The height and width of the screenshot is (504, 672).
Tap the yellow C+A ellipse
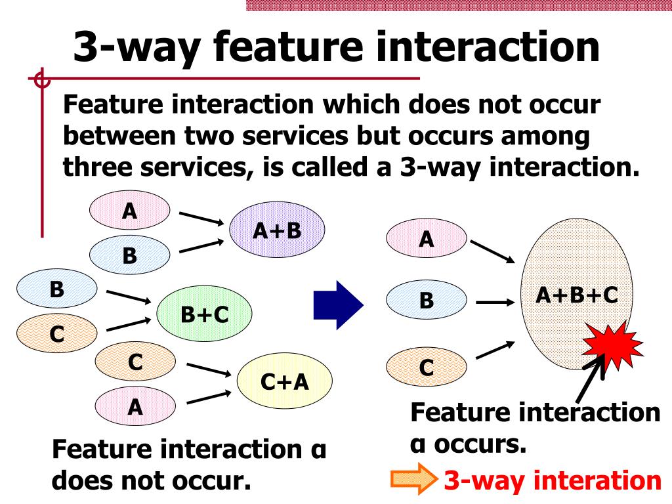click(x=285, y=381)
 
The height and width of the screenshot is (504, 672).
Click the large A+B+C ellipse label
click(x=577, y=295)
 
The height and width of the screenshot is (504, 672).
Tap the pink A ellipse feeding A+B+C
click(x=427, y=240)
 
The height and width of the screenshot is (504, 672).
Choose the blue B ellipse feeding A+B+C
click(x=427, y=301)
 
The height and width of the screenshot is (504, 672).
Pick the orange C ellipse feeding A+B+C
click(x=427, y=367)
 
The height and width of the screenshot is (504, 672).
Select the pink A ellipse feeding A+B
click(x=130, y=211)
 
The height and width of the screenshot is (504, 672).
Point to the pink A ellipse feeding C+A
click(x=135, y=408)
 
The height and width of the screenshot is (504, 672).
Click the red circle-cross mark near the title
click(x=41, y=81)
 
